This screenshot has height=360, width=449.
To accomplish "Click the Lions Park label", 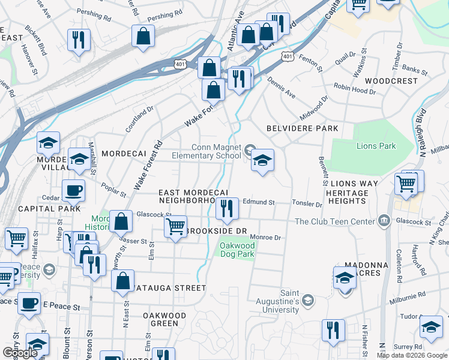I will point(376,146).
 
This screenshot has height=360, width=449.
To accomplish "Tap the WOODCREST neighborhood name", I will point(391,80).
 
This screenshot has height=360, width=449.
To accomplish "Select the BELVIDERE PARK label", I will point(303,128).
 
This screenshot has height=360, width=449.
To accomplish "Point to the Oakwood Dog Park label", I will point(237,250).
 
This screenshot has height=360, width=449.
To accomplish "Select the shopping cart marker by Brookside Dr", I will point(175,227).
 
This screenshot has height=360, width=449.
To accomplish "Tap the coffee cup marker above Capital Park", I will point(73,191).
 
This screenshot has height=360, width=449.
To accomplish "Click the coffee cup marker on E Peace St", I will point(28,304).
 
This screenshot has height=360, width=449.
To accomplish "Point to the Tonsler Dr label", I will point(307,204).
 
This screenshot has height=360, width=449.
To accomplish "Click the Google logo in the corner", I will point(20,353).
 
